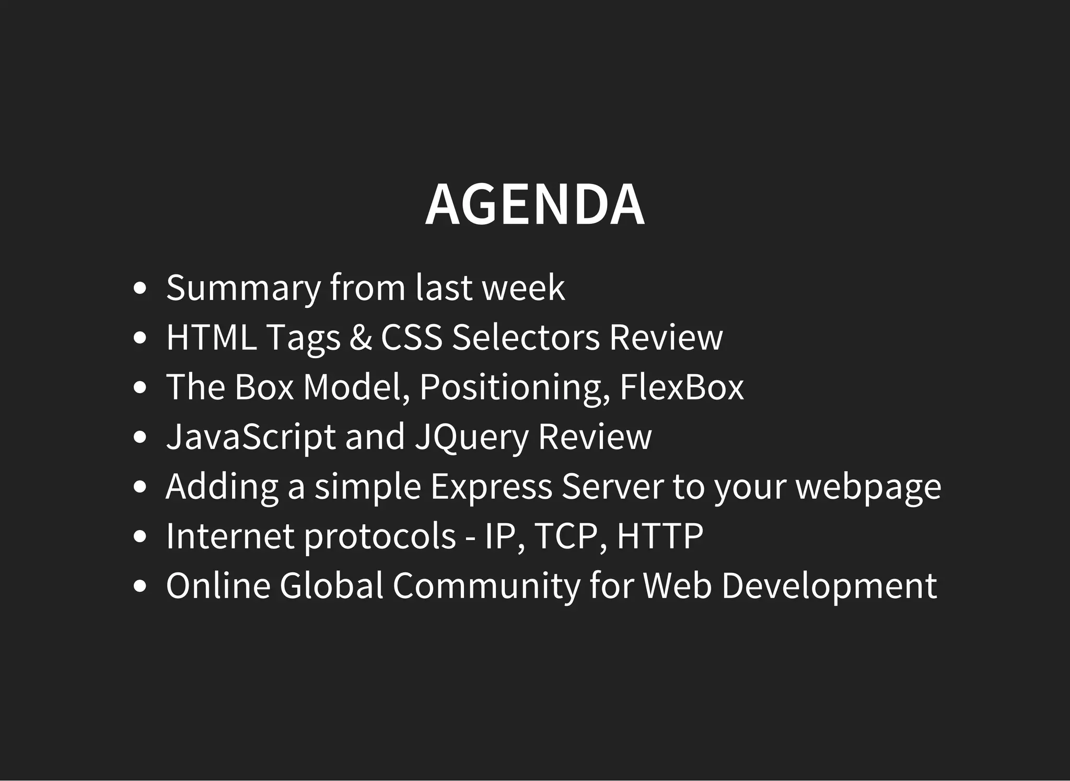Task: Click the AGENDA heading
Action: tap(534, 204)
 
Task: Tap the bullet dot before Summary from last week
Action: tap(140, 289)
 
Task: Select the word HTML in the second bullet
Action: tap(211, 337)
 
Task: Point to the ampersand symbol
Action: tap(360, 337)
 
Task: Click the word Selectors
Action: tap(526, 337)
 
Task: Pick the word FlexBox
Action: tap(681, 387)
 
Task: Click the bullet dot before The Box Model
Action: tap(140, 388)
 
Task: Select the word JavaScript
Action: tap(250, 437)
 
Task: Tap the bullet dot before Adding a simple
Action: tap(140, 487)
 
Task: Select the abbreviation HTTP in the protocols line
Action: tap(659, 536)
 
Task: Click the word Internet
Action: tap(230, 536)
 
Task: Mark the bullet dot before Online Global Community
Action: tap(140, 587)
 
